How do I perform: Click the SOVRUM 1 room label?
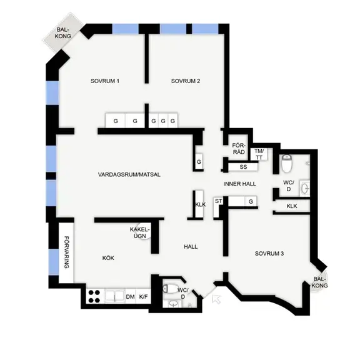[x=105, y=81]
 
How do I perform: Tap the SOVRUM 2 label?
[x=186, y=81]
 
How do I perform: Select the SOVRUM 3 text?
[x=269, y=254]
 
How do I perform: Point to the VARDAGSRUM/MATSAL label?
[x=129, y=175]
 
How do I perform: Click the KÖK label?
[x=108, y=258]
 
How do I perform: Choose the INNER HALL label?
[x=240, y=184]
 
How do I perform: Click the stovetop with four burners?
[x=94, y=296]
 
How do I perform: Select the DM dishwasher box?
[x=130, y=297]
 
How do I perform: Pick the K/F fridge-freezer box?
[x=144, y=297]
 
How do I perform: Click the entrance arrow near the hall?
[x=216, y=299]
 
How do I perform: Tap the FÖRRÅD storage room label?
[x=239, y=149]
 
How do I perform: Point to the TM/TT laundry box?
[x=259, y=154]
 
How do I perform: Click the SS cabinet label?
[x=243, y=167]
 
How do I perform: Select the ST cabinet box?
[x=217, y=207]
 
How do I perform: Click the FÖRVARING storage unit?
[x=66, y=252]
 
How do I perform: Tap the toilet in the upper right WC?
[x=286, y=164]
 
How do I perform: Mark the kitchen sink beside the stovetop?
[x=115, y=296]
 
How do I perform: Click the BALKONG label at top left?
[x=63, y=33]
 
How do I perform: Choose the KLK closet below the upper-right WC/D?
[x=292, y=206]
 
